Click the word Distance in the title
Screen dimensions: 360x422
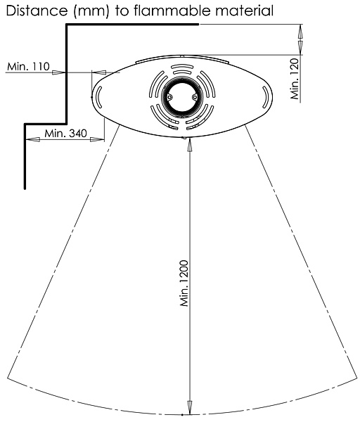coord(37,11)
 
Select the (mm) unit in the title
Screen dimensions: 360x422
coord(91,11)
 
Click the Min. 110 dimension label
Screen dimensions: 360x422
coord(28,66)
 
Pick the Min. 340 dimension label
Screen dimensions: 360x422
coord(65,133)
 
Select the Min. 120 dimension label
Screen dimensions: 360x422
coord(295,78)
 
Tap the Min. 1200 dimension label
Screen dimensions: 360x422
coord(184,283)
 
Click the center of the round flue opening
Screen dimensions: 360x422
coord(181,97)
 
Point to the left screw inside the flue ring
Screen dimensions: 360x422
coord(169,97)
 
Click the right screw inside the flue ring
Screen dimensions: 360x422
coord(195,97)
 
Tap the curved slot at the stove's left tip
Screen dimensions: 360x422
coord(98,97)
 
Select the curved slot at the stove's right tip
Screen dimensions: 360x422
coord(266,97)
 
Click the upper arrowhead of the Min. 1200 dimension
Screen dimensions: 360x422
coord(190,146)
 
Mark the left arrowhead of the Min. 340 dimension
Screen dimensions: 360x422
coord(33,139)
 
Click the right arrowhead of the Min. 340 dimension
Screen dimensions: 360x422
coord(97,139)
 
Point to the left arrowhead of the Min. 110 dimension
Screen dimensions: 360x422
coord(58,72)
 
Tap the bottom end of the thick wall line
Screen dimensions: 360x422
coord(25,188)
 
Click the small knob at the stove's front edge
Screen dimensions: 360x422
coord(184,138)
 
